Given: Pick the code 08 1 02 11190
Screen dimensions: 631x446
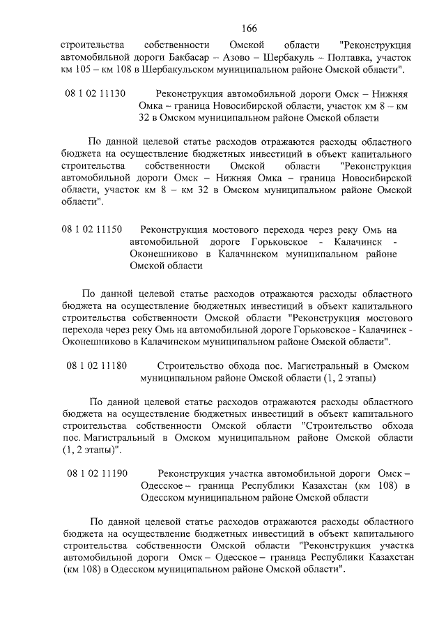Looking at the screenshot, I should coord(97,473).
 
